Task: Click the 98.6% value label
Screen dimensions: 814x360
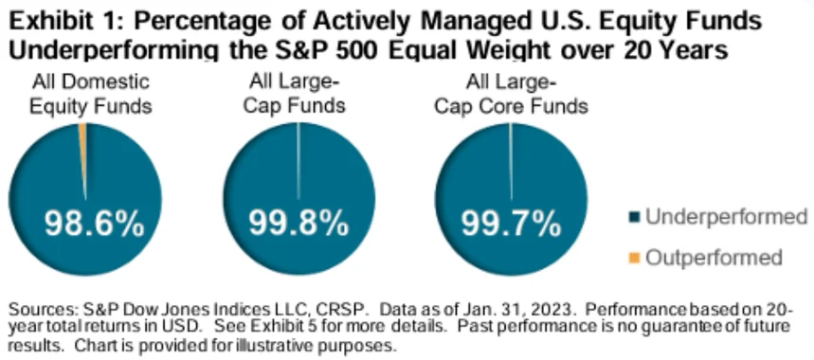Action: (x=94, y=225)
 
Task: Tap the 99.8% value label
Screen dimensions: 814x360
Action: (x=298, y=225)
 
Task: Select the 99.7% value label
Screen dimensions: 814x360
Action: (x=512, y=225)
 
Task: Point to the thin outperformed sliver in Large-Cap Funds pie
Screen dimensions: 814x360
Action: (x=298, y=161)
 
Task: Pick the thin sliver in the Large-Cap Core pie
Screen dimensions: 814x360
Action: (x=511, y=161)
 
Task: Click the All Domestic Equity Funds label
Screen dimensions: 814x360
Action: (x=91, y=94)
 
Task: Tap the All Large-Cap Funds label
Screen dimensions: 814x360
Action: (x=295, y=94)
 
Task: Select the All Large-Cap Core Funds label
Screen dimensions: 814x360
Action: (x=512, y=94)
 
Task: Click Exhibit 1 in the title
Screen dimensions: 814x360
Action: (x=66, y=22)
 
